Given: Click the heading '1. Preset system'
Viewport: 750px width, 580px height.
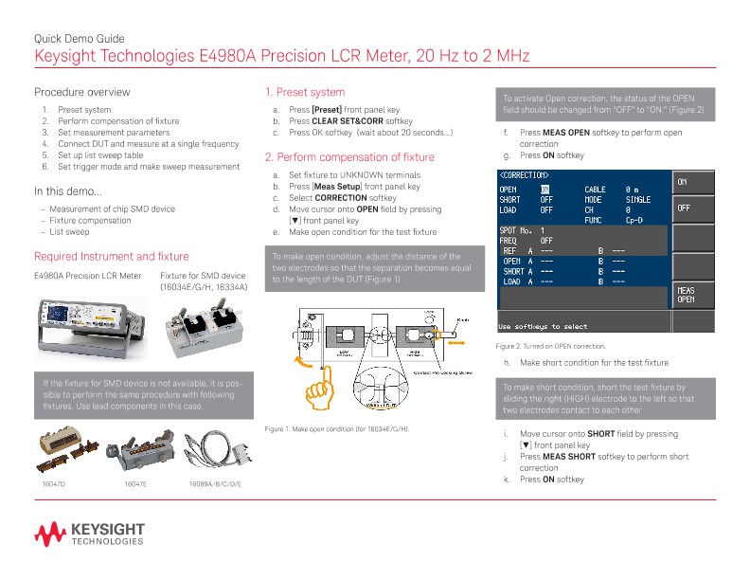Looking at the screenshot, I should [304, 92].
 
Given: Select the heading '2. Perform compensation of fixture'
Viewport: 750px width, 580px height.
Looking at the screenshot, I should [349, 157].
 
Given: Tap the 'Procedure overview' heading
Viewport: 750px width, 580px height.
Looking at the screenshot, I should [81, 92].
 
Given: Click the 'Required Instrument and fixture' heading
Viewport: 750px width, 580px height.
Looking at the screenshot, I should [111, 256].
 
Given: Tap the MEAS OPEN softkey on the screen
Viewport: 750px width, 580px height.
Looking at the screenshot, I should [685, 295].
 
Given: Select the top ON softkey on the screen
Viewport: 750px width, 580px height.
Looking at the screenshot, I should [685, 180].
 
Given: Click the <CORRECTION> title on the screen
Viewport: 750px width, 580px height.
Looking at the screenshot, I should [524, 176].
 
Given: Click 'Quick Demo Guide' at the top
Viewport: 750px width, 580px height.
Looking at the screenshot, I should [79, 38].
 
